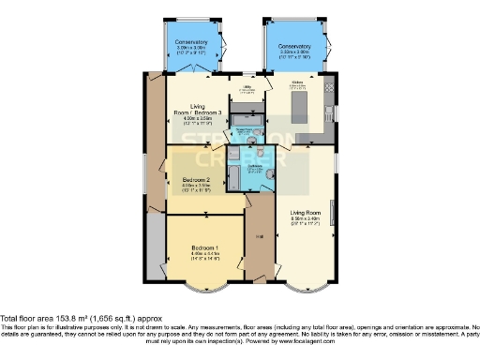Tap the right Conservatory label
[x=294, y=46]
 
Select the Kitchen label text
[x=297, y=83]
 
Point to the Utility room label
[x=247, y=87]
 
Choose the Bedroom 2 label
[x=196, y=179]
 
